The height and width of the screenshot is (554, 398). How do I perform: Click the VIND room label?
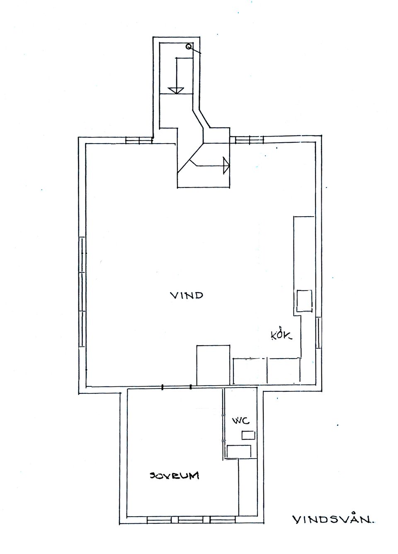coord(187,295)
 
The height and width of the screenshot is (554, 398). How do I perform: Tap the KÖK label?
coord(281,335)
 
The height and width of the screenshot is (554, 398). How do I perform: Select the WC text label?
coord(240,421)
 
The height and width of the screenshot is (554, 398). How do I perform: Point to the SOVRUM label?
coord(175,476)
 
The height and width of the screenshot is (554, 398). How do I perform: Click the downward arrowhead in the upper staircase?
coord(177,90)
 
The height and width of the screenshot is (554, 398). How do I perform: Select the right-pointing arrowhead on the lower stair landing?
coord(226,165)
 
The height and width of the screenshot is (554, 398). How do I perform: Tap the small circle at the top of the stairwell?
coord(189,47)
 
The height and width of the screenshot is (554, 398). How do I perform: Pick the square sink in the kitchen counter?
coord(304,300)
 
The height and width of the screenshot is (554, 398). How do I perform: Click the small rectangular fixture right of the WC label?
coord(248,435)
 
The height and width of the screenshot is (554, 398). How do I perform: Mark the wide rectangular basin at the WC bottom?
coord(239,451)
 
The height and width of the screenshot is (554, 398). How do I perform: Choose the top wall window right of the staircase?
coord(249,140)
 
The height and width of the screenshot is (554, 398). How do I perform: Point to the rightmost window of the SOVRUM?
coord(222,519)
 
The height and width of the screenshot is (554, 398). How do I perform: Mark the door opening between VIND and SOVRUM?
coord(177,387)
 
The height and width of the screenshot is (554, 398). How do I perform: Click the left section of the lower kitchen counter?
coord(250,371)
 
